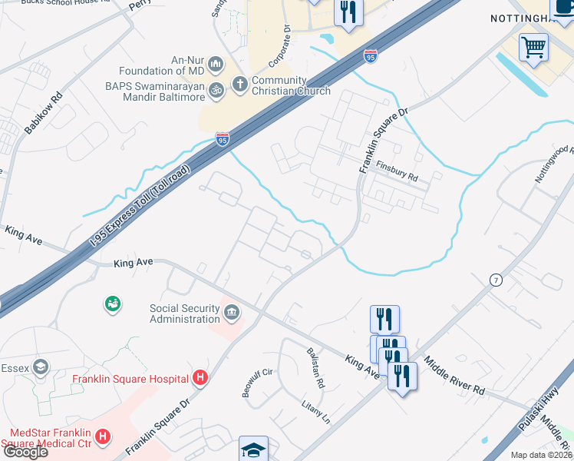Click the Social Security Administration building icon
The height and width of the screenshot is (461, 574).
[231, 313]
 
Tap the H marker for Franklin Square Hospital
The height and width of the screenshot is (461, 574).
[200, 378]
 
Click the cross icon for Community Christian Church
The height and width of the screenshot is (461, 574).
[239, 83]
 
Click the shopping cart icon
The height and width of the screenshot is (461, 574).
[533, 47]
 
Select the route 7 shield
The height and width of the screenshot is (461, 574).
[496, 280]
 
